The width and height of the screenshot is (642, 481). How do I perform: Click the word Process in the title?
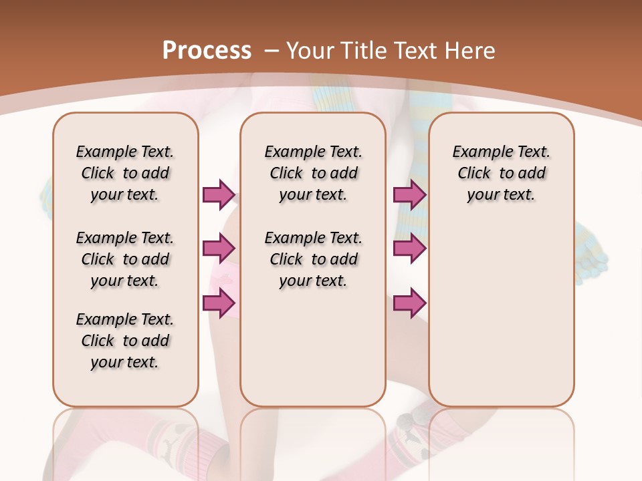tap(207, 50)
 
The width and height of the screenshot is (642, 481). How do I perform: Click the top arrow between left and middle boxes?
tap(219, 194)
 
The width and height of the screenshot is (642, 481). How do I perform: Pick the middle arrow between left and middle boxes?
tap(219, 249)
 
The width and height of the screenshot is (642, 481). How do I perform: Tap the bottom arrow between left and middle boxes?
tap(219, 303)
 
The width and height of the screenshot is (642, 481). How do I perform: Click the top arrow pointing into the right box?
tap(409, 194)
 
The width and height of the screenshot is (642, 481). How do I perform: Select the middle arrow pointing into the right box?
tap(409, 249)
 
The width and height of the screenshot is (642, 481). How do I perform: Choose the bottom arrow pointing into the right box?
tap(409, 303)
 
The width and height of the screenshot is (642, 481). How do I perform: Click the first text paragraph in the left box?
tap(125, 173)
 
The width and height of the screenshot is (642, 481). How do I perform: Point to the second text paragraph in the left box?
tap(125, 259)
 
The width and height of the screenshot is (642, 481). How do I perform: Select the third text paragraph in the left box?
tap(125, 341)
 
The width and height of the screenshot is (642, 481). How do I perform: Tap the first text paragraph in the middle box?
tap(313, 173)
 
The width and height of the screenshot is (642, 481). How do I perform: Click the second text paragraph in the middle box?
tap(313, 259)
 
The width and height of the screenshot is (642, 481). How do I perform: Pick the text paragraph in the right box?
tap(501, 173)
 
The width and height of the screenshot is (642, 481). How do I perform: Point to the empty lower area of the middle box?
tap(313, 347)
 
